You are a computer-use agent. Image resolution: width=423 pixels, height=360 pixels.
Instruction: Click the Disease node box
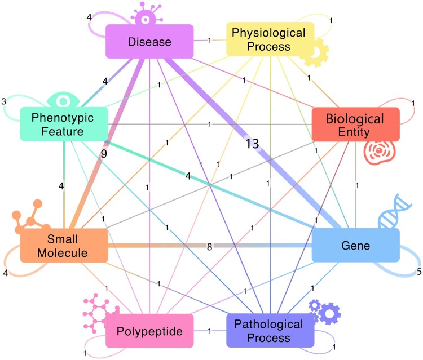(x=149, y=41)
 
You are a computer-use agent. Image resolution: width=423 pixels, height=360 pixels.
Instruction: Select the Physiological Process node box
(x=270, y=39)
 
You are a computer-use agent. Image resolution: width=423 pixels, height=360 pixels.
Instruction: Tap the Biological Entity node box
(x=355, y=125)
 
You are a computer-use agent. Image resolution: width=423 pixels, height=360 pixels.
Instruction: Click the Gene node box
(x=355, y=245)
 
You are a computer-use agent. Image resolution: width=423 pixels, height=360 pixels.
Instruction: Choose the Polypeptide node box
(x=149, y=331)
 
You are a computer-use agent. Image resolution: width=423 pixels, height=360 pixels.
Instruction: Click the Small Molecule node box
(x=64, y=245)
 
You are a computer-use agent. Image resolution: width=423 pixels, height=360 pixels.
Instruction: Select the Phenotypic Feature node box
(x=64, y=125)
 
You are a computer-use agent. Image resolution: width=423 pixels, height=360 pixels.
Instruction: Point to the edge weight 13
(x=252, y=144)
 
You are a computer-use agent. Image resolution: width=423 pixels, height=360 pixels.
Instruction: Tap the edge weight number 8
(x=209, y=246)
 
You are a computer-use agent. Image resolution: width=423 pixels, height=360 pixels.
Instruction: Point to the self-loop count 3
(x=4, y=101)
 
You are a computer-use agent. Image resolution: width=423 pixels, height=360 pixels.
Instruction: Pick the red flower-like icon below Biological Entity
(x=377, y=152)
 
